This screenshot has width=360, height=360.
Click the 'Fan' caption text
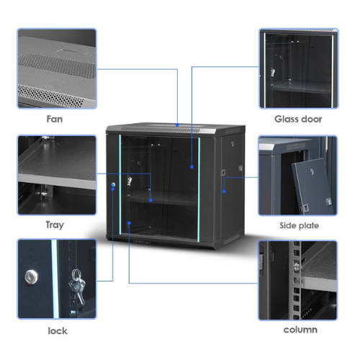point(55,119)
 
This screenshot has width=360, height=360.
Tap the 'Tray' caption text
point(55,225)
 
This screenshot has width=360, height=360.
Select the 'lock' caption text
point(58,330)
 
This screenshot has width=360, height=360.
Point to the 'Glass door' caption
point(298,119)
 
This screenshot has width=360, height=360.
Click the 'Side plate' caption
point(300,225)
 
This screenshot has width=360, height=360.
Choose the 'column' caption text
point(300,330)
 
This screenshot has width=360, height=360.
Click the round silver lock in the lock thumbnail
point(31,277)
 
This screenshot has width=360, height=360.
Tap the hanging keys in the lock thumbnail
point(77,286)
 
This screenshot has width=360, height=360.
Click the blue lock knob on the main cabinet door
point(113,184)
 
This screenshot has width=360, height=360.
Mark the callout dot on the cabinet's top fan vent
point(177,125)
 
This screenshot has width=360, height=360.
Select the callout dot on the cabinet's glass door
point(192,167)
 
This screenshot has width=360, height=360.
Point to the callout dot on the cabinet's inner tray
point(150,200)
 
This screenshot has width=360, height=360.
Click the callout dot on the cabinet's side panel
point(224,192)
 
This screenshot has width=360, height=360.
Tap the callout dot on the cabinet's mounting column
point(129,223)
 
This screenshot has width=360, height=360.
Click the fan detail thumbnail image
point(57,68)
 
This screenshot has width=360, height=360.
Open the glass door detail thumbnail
point(299,68)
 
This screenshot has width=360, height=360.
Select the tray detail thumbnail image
point(57,175)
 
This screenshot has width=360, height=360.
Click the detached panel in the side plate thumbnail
point(313,185)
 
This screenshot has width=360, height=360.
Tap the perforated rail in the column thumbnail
point(297,280)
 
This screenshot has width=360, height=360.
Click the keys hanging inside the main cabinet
point(130,181)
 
